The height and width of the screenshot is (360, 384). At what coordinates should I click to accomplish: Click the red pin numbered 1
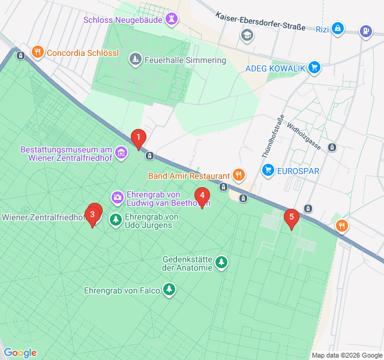tap(139, 139)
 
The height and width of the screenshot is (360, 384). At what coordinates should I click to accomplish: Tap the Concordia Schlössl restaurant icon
tap(37, 52)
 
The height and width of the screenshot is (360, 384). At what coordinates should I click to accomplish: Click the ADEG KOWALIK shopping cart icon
tap(314, 68)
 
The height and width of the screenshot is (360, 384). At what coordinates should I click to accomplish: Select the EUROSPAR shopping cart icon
tap(268, 171)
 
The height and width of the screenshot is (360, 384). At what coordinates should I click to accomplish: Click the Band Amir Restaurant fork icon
tap(239, 176)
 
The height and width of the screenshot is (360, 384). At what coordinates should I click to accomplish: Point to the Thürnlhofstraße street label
tap(272, 136)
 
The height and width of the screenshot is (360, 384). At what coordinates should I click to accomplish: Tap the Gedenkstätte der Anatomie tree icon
tap(222, 263)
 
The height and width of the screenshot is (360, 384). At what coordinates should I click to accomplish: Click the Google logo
tap(20, 353)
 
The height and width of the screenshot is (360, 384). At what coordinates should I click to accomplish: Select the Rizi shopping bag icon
tap(338, 28)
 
